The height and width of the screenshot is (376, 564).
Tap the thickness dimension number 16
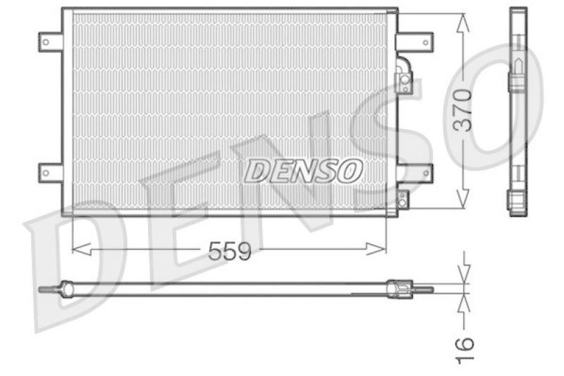(x=464, y=348)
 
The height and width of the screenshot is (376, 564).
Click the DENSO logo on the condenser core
(x=304, y=170)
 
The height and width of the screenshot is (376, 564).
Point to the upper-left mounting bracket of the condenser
(x=50, y=42)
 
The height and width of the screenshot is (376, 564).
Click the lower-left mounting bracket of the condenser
(x=50, y=171)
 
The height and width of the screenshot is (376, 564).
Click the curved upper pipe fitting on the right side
(x=405, y=75)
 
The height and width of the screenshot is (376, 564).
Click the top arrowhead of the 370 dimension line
(x=462, y=21)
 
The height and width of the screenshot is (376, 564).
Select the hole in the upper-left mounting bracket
(x=46, y=42)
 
